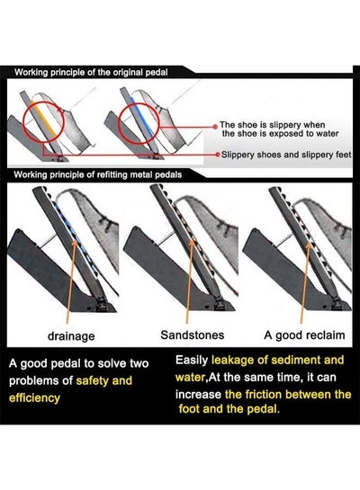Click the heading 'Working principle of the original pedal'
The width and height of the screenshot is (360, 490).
(91, 73)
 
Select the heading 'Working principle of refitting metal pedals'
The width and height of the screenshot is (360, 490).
(97, 174)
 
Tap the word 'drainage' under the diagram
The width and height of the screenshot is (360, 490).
(71, 336)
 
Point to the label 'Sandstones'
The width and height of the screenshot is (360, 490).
(193, 335)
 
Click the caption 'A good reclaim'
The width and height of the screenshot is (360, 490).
(304, 335)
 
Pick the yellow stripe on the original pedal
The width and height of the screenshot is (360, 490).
(44, 118)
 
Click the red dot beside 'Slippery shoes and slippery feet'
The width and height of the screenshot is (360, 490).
(219, 155)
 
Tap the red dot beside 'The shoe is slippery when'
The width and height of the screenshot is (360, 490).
(215, 127)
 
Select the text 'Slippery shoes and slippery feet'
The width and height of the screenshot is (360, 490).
(286, 155)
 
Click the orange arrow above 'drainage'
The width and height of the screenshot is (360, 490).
(71, 281)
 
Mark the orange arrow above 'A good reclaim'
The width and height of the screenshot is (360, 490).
(305, 282)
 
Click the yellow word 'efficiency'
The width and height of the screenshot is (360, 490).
(34, 398)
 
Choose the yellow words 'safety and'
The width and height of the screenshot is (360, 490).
(103, 380)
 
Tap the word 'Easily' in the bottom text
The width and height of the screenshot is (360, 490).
(192, 361)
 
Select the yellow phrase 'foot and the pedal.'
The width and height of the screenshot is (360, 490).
(229, 408)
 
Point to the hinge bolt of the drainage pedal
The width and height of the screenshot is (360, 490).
(102, 305)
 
